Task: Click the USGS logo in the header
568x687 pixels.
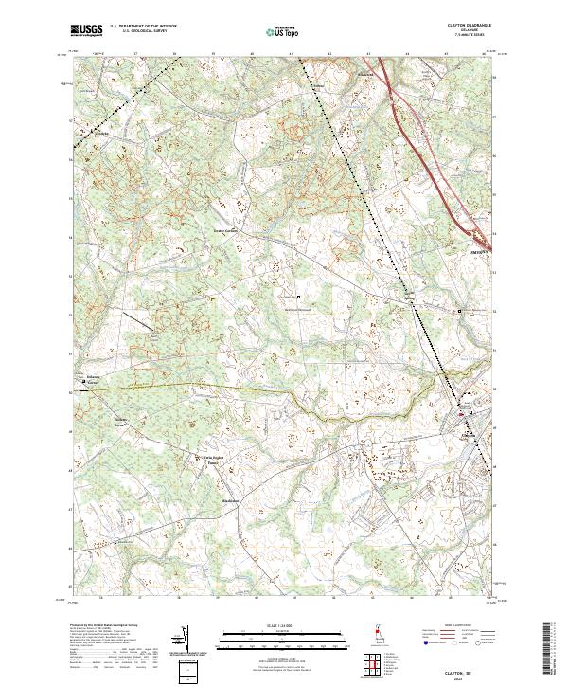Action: click(x=86, y=30)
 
